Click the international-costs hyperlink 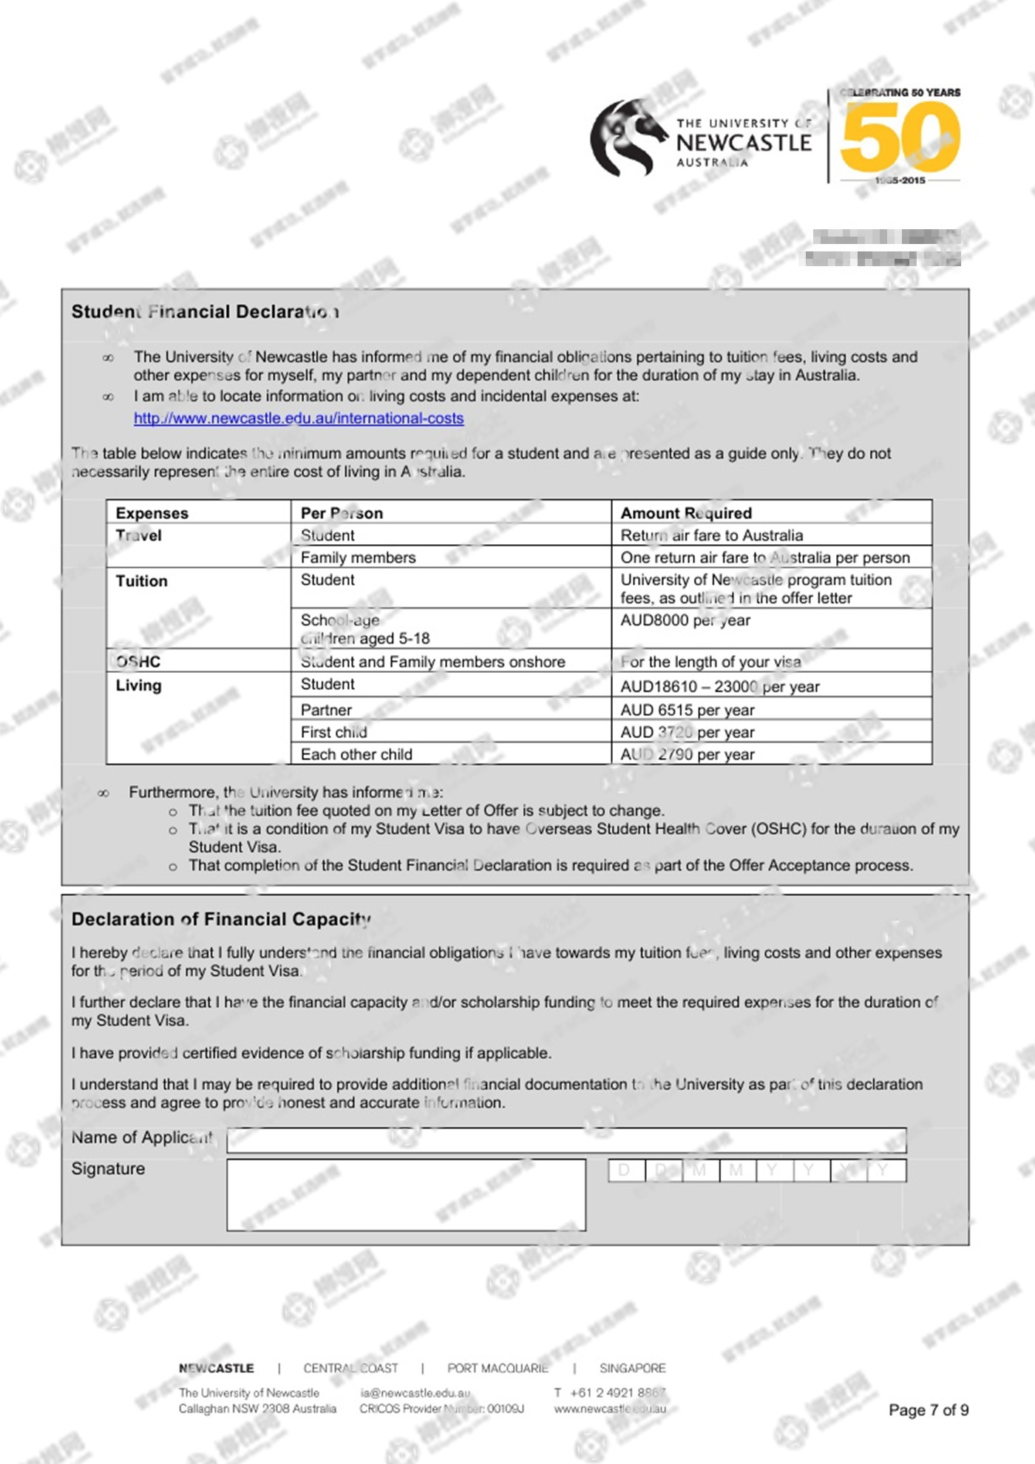click(299, 418)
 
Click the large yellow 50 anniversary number click(900, 137)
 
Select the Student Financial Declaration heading click(206, 312)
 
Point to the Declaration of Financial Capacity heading click(221, 919)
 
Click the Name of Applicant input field click(566, 1140)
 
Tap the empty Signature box click(406, 1195)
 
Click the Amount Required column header click(686, 513)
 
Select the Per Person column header click(342, 513)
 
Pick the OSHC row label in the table click(138, 662)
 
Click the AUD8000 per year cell click(685, 620)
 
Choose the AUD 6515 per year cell click(688, 710)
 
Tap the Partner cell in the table click(326, 710)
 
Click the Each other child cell click(356, 754)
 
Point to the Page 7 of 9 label click(929, 1410)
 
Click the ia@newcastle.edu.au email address click(415, 1393)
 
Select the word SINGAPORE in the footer click(632, 1369)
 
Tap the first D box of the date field click(625, 1170)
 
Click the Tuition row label click(141, 581)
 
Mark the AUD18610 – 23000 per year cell click(720, 686)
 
